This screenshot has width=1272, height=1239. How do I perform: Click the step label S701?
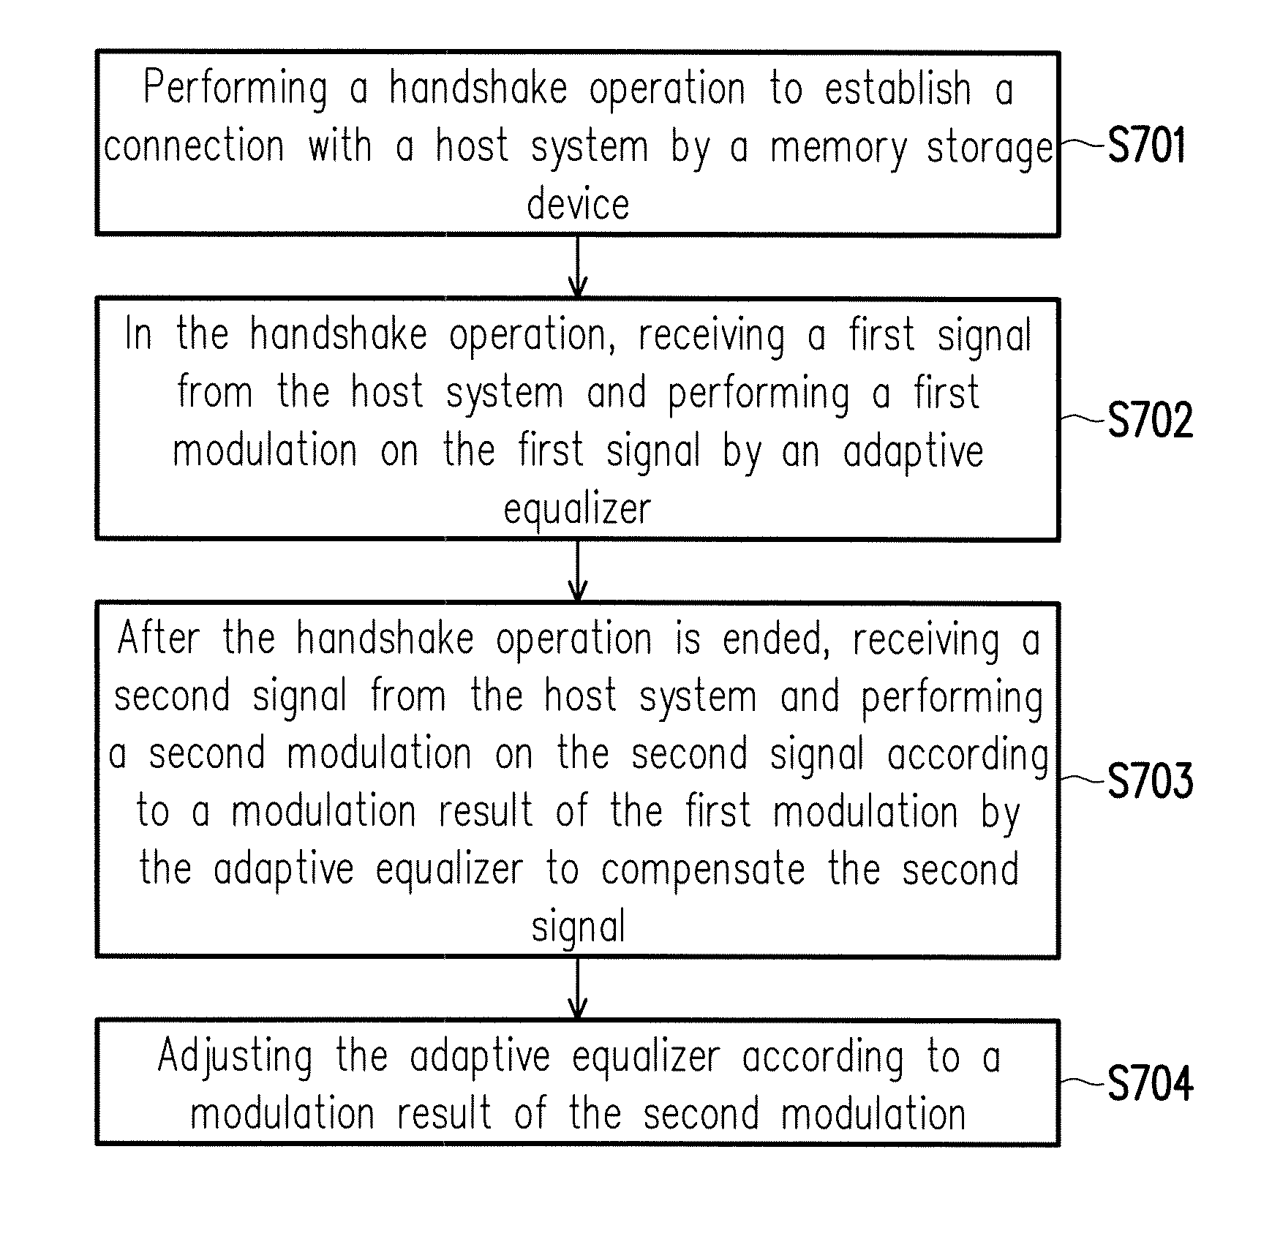click(1146, 146)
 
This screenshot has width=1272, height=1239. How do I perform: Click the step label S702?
click(1150, 420)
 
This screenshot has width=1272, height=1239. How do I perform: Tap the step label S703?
click(1150, 780)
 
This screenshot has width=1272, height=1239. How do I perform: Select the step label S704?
click(1150, 1083)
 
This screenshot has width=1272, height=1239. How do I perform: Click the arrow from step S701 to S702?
click(578, 266)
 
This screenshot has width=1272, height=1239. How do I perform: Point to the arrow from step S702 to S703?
click(578, 571)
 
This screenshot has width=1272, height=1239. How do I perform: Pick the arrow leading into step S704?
click(578, 988)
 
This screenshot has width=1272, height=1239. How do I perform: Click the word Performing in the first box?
click(236, 89)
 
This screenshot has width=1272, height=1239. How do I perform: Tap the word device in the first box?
click(578, 205)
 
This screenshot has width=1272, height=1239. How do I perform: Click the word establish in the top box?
click(898, 89)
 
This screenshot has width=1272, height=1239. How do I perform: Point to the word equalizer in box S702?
click(577, 510)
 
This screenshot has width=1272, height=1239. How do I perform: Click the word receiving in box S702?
click(712, 336)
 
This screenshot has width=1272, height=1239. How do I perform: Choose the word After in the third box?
click(159, 639)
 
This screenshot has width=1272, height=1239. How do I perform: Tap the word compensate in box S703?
click(703, 870)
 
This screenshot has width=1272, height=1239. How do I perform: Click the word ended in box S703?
click(776, 640)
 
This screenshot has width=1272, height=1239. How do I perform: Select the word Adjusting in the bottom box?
click(236, 1058)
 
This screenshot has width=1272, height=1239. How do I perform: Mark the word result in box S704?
click(444, 1115)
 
